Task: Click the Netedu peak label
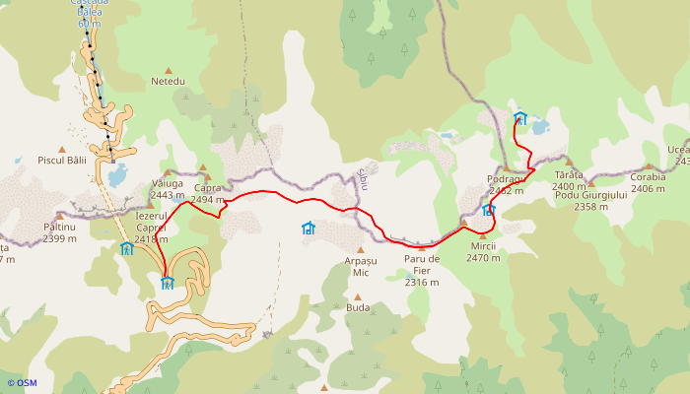[168, 81]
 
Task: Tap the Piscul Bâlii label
[62, 160]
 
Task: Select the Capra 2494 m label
[208, 193]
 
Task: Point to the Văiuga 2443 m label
[168, 188]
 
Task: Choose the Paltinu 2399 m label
[60, 232]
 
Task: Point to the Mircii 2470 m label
[484, 251]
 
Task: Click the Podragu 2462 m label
[505, 185]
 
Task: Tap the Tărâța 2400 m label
[569, 180]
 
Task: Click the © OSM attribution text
[22, 383]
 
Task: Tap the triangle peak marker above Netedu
[169, 70]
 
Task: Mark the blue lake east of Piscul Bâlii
[117, 175]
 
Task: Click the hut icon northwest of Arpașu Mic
[309, 228]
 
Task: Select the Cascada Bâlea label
[91, 8]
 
